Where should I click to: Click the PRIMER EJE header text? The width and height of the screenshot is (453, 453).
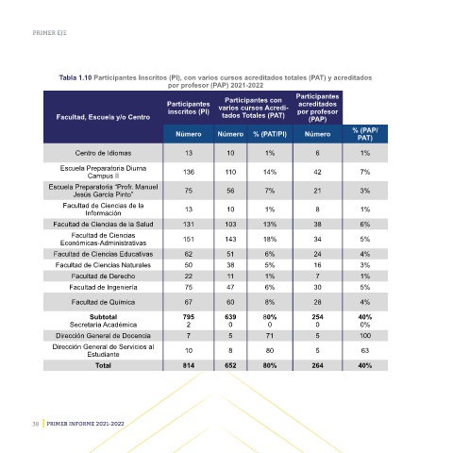pos(50,33)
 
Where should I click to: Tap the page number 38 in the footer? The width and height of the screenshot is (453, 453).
pos(35,424)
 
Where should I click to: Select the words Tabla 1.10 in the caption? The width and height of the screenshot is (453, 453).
pos(75,77)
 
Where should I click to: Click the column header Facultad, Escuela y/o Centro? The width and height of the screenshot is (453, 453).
pos(103,117)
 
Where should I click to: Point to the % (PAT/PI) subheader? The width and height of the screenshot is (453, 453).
pos(270,134)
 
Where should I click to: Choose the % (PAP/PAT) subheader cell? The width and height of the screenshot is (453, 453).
pos(365,134)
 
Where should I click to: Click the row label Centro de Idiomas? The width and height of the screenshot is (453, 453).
pos(103,153)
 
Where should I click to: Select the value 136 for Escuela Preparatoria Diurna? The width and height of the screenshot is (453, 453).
pos(189,172)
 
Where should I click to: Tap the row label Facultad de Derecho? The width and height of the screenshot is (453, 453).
pos(103,277)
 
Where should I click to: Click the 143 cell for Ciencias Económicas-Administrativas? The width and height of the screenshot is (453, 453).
pos(230,240)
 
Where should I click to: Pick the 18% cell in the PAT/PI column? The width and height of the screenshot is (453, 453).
pos(270,240)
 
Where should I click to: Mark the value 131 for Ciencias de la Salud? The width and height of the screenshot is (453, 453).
pos(189,225)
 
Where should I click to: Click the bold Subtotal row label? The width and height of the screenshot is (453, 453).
pos(103,317)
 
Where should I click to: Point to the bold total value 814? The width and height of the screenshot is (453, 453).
pos(189,365)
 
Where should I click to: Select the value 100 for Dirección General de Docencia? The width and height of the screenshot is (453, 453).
pos(365,336)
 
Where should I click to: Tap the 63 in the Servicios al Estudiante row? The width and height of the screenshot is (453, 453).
pos(365,350)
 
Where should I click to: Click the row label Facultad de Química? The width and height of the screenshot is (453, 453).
pos(103,302)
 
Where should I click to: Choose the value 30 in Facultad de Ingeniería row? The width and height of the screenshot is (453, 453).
pos(317,287)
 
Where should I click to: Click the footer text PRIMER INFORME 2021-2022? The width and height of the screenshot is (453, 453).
pos(85,424)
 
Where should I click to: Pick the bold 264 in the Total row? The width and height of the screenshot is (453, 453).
pos(317,365)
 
